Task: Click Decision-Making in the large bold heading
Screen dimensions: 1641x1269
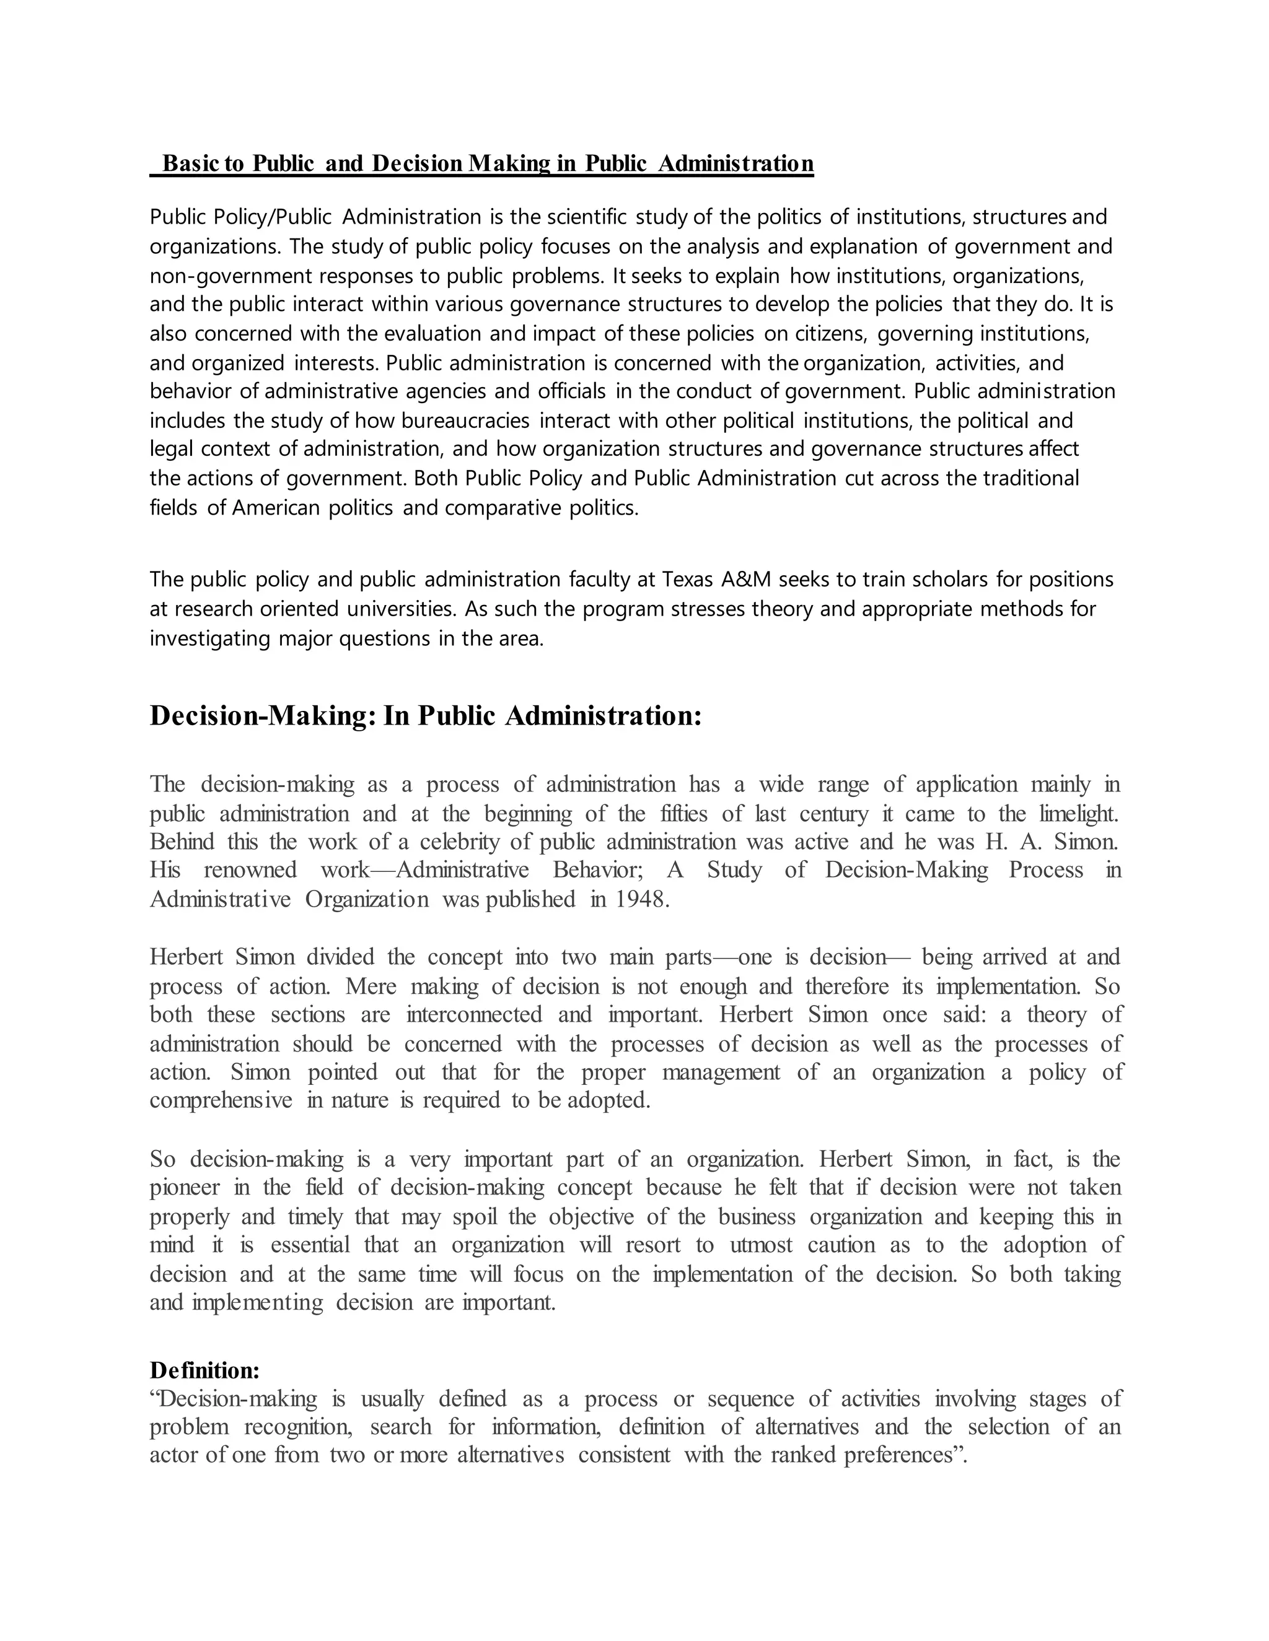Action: click(x=260, y=716)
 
